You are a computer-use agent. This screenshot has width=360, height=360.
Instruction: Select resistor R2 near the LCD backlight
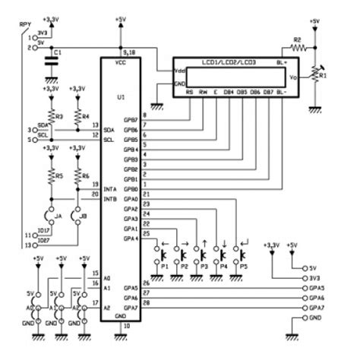coord(298,46)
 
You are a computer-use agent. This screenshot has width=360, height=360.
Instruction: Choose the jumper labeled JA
coord(50,214)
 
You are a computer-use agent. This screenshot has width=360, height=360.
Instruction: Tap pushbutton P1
coord(163,258)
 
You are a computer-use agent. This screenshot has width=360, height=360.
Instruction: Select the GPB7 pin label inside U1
coord(131,120)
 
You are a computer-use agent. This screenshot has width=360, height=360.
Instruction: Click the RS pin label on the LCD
coord(188,92)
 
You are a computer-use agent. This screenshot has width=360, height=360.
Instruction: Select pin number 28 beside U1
coord(146,302)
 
